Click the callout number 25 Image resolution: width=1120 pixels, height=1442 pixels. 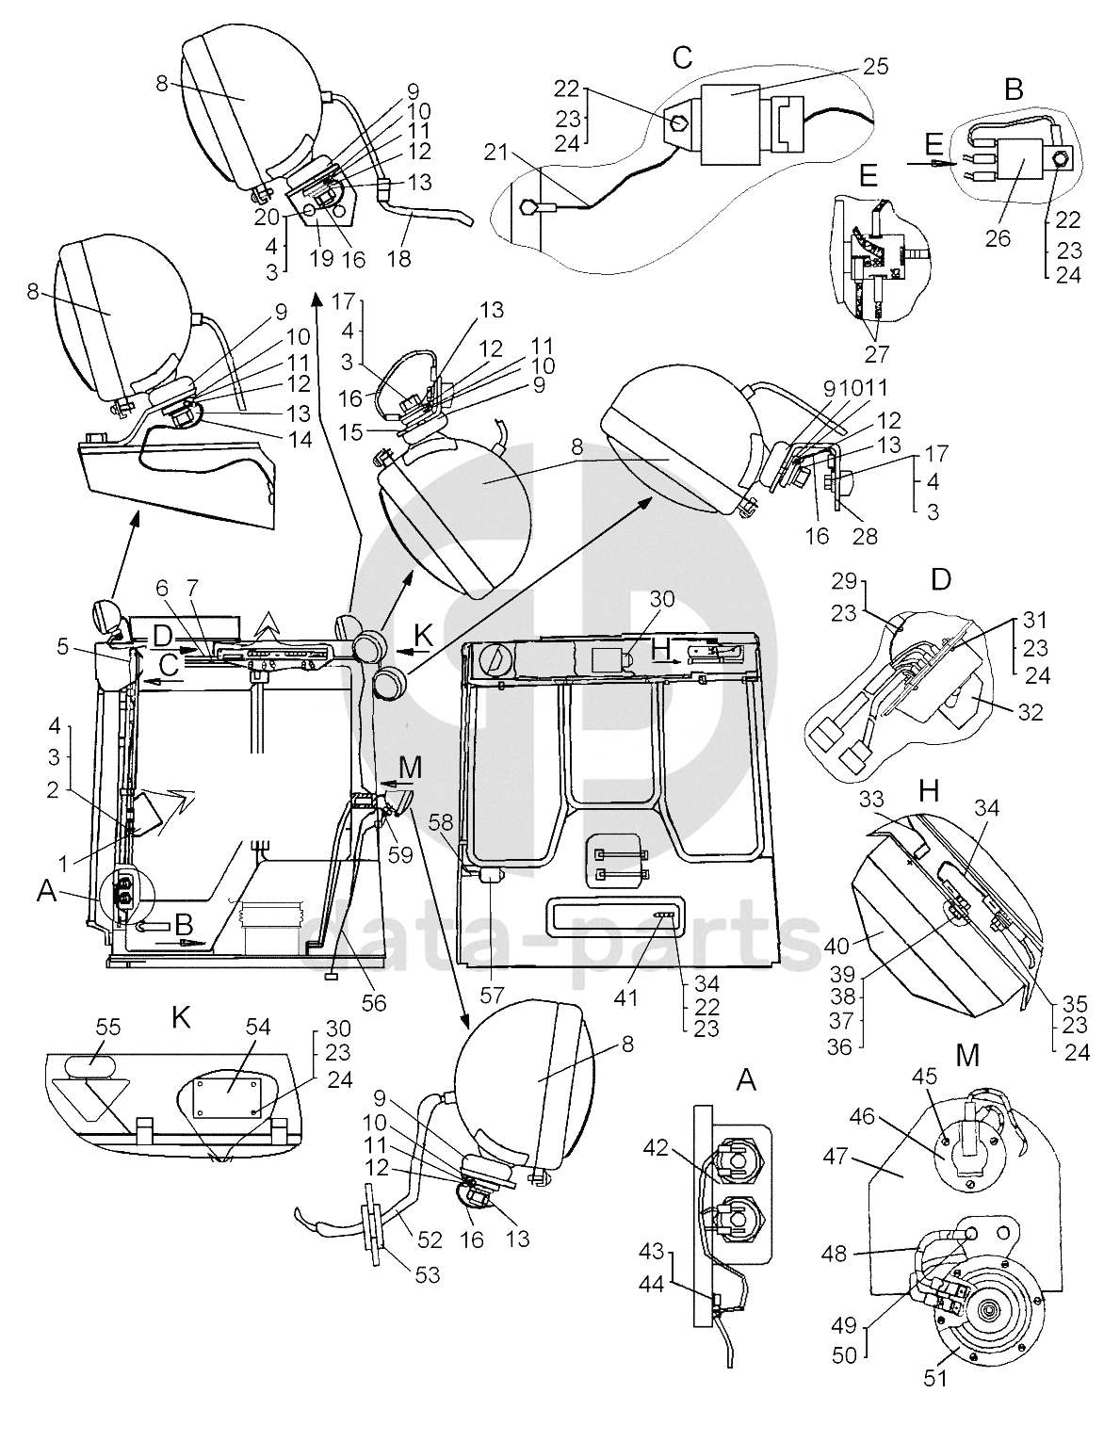click(876, 66)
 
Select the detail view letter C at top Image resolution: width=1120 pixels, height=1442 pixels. click(681, 57)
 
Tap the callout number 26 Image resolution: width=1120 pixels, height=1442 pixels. click(998, 238)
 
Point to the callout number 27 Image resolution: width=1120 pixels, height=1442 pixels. click(876, 354)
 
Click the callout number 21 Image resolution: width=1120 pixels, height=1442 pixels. click(495, 153)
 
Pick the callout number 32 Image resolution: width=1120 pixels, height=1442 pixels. click(1030, 712)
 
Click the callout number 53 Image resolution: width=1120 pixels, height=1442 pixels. click(427, 1274)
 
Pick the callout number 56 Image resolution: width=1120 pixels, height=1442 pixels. click(374, 1002)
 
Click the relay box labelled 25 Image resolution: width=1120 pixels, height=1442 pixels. click(731, 124)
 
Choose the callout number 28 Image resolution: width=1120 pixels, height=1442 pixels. click(865, 535)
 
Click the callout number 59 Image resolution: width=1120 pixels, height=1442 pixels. click(400, 854)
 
